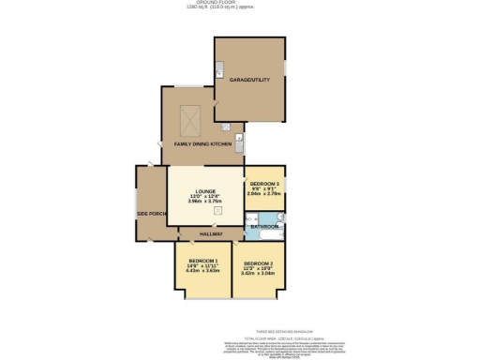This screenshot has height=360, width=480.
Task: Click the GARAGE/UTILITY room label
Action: click(x=251, y=80)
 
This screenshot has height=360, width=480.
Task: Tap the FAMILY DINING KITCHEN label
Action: click(x=202, y=144)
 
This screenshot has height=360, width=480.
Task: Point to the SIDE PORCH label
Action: click(x=151, y=214)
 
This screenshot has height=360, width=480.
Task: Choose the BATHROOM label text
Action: click(x=263, y=227)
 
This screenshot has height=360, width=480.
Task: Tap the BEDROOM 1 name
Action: click(x=202, y=260)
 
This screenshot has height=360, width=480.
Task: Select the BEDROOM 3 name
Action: click(x=263, y=183)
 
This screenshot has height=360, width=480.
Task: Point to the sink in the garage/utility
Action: click(x=219, y=69)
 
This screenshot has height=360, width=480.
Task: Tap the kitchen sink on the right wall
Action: click(x=240, y=143)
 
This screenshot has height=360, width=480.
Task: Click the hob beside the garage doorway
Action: click(x=227, y=127)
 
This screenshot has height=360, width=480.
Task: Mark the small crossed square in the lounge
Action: click(x=218, y=212)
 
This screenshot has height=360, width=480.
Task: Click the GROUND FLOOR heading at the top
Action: click(x=240, y=3)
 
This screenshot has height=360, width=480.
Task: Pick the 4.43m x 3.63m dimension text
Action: click(x=202, y=270)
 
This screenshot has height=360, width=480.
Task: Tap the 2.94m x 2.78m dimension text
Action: click(x=263, y=193)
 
